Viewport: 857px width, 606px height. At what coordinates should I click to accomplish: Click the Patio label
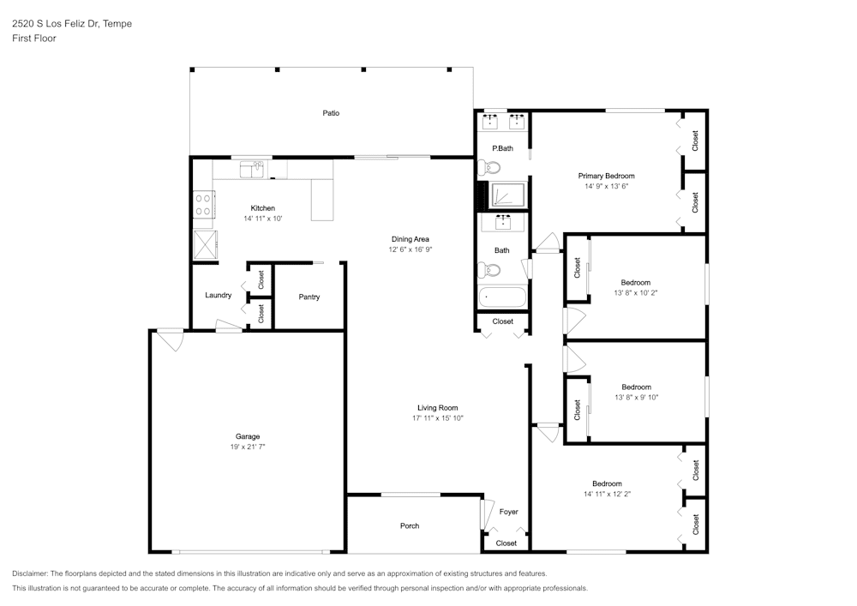pyautogui.click(x=331, y=113)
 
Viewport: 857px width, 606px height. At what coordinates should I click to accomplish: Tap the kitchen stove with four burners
pyautogui.click(x=203, y=205)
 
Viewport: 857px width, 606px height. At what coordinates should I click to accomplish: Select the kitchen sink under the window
pyautogui.click(x=253, y=169)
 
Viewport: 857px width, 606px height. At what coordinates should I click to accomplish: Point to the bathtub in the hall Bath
pyautogui.click(x=502, y=297)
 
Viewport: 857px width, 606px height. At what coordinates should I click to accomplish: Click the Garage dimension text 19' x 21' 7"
pyautogui.click(x=248, y=447)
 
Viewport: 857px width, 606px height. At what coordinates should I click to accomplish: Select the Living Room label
pyautogui.click(x=437, y=408)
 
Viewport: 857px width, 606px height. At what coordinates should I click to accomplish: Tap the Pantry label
pyautogui.click(x=309, y=297)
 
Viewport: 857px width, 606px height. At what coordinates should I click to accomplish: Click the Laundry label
pyautogui.click(x=218, y=296)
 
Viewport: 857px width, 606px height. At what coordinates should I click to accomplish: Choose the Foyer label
pyautogui.click(x=509, y=512)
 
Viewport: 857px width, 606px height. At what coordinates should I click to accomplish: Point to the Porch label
pyautogui.click(x=410, y=525)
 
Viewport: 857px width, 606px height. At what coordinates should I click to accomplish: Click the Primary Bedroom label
pyautogui.click(x=606, y=176)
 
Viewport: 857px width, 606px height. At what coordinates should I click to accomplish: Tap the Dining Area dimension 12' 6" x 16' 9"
pyautogui.click(x=410, y=249)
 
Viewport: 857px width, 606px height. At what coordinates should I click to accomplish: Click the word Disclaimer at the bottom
pyautogui.click(x=30, y=573)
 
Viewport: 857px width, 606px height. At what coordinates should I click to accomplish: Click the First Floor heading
pyautogui.click(x=34, y=39)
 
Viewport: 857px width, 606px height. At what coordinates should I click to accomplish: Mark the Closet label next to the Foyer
pyautogui.click(x=506, y=543)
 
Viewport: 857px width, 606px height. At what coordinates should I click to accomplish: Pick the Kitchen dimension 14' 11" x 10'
pyautogui.click(x=262, y=219)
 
